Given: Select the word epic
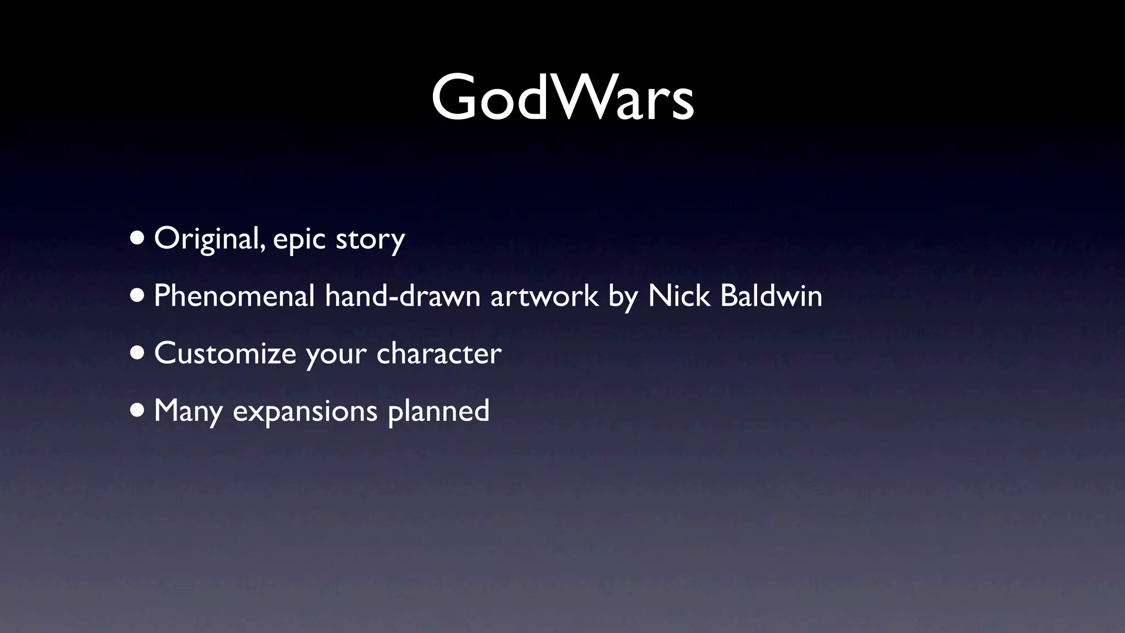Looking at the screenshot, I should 299,240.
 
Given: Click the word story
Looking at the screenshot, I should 370,240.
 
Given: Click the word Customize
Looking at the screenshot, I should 225,353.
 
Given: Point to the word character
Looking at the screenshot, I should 439,353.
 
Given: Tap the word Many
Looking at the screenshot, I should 188,411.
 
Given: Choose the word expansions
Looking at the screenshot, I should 305,411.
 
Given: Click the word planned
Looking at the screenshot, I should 438,411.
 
